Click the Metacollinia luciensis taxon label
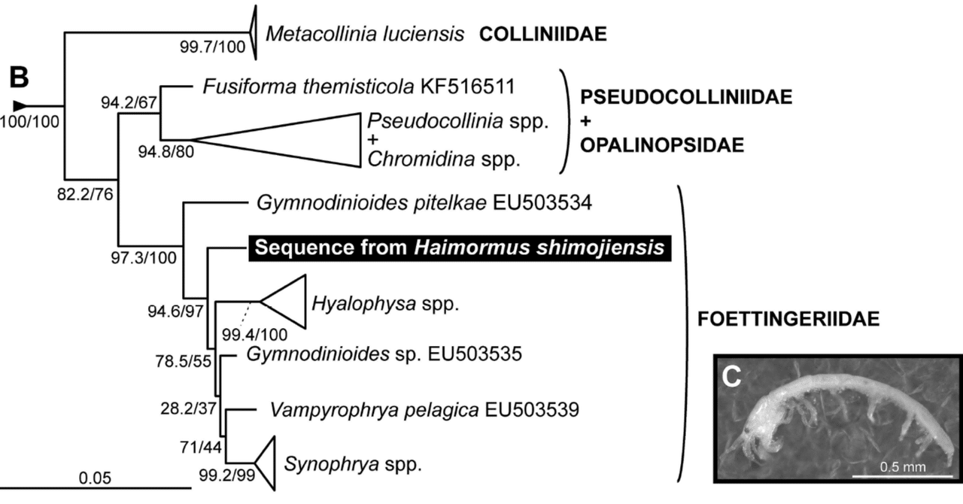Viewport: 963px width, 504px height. coord(364,34)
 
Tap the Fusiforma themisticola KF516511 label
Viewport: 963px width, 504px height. coord(358,85)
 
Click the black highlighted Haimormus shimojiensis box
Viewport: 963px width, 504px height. coord(459,247)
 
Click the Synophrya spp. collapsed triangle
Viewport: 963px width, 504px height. coord(266,462)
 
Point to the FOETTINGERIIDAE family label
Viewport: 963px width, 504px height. coord(782,319)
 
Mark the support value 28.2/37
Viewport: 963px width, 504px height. coord(188,410)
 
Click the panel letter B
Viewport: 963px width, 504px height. coord(20,77)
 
